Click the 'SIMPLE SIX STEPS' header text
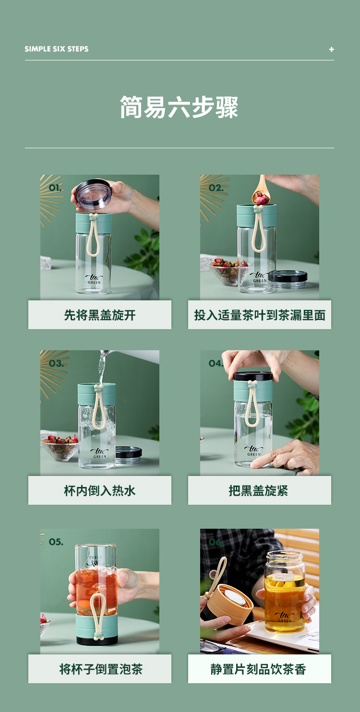[57, 49]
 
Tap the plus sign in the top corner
[331, 49]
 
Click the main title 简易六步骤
[179, 107]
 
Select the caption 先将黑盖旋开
[100, 315]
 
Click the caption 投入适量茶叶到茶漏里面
[260, 315]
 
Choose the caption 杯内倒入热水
[100, 491]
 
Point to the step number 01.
[55, 188]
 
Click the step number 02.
[216, 188]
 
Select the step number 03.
[56, 364]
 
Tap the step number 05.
[56, 542]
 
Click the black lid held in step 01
[94, 193]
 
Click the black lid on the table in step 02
[288, 278]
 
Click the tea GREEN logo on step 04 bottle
[253, 451]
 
